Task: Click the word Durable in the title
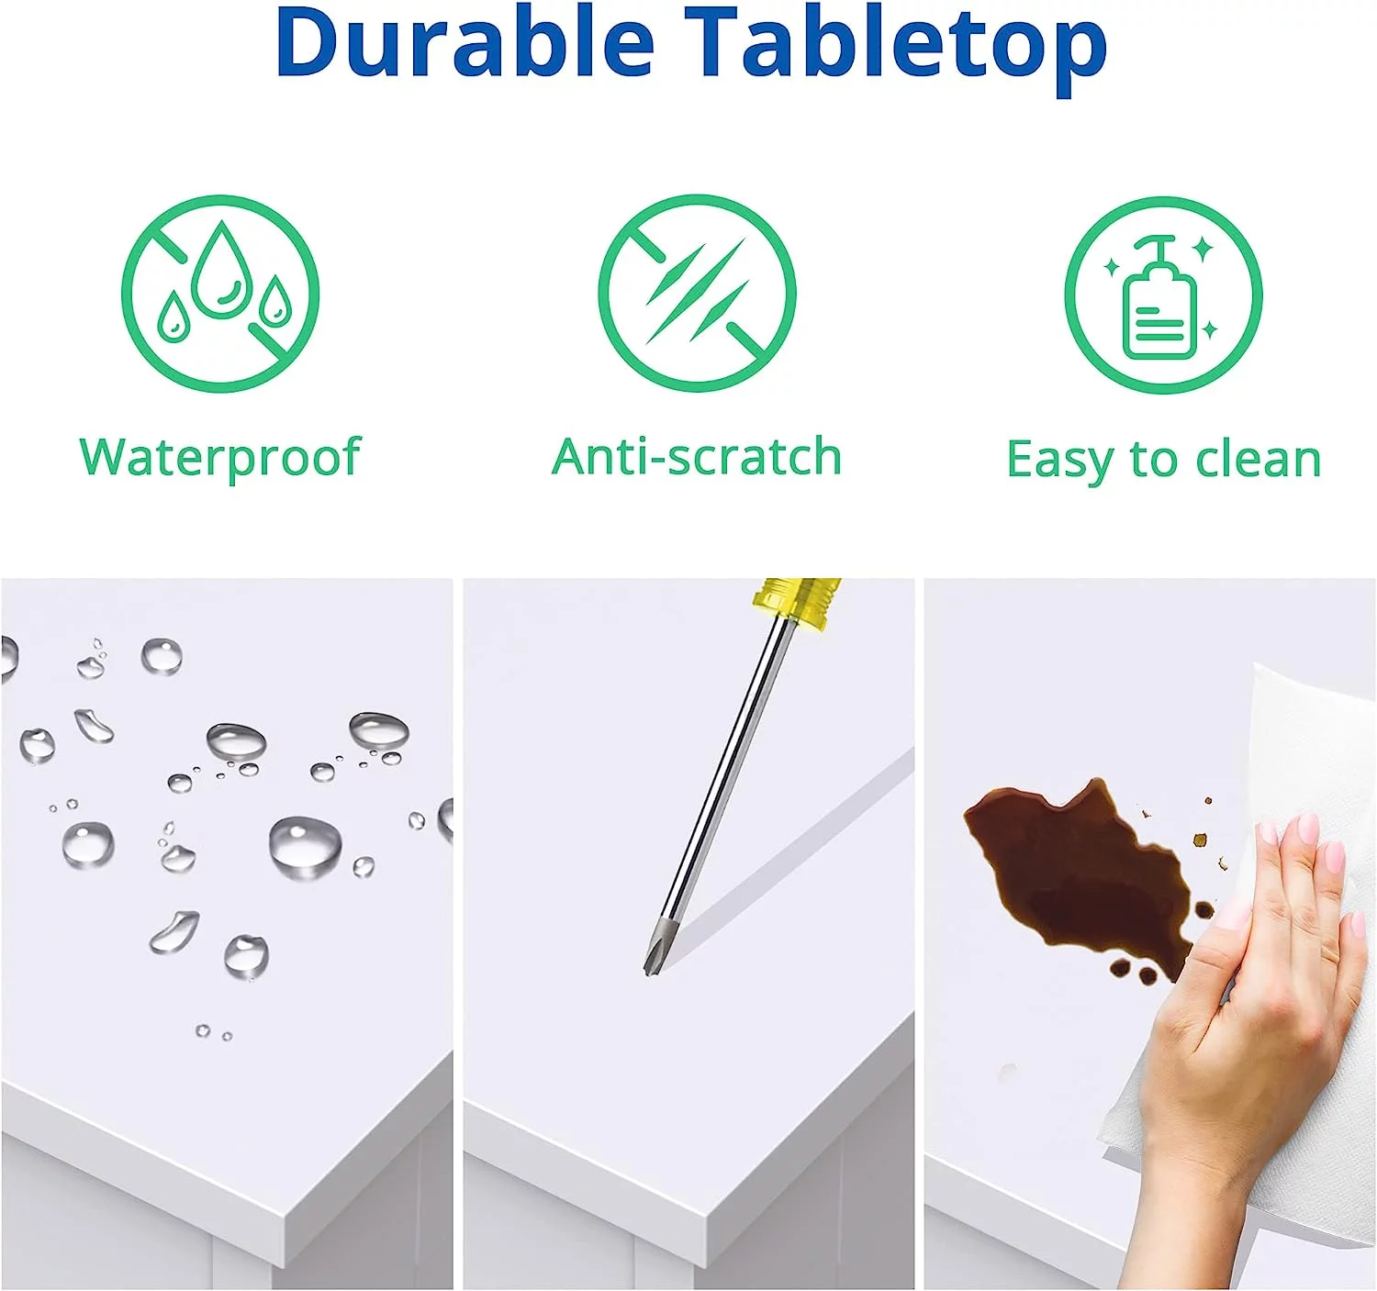coord(465,44)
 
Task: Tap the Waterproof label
coord(219,458)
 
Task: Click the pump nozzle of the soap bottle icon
coord(1152,242)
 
